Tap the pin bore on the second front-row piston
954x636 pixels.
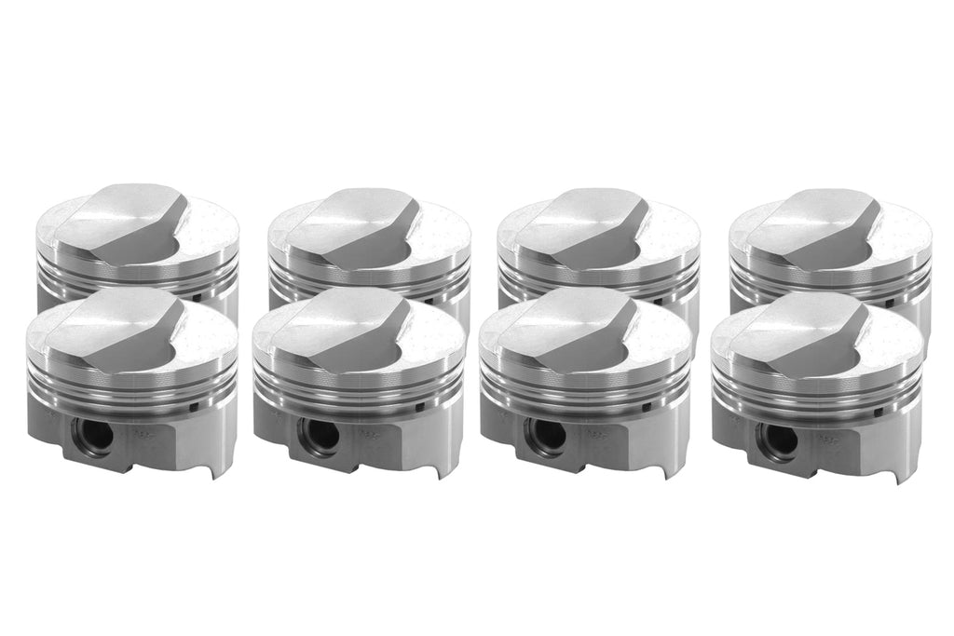(319, 435)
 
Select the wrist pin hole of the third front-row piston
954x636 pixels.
(545, 435)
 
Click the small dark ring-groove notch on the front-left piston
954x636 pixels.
(192, 406)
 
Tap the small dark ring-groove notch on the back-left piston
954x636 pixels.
(201, 298)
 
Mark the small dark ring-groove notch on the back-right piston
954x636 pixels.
(890, 303)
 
